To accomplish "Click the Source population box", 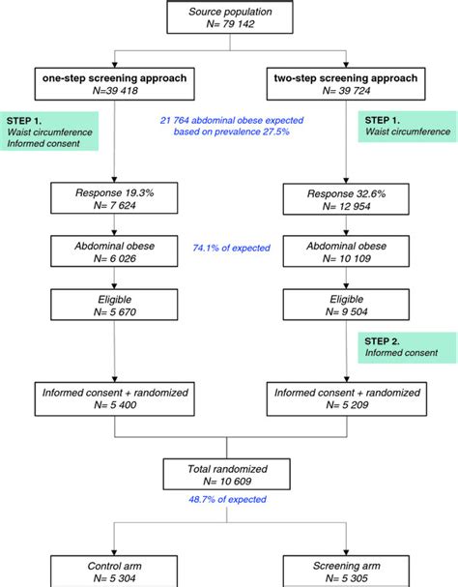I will point(228,19).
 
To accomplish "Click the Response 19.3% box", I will point(113,200).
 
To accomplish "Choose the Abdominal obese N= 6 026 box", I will point(113,253).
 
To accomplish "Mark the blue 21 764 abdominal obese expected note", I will point(228,126).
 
